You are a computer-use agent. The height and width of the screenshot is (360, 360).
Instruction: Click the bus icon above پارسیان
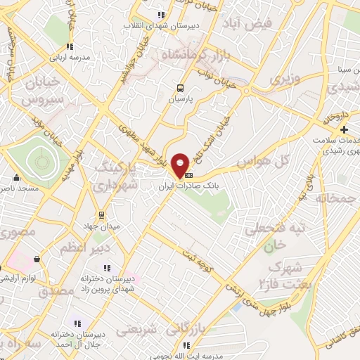(x=180, y=89)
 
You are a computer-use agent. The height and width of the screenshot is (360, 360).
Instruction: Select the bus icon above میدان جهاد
(x=102, y=215)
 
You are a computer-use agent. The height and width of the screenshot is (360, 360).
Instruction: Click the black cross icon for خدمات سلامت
(x=344, y=130)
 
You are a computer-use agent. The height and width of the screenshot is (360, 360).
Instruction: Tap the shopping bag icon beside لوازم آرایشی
(x=37, y=259)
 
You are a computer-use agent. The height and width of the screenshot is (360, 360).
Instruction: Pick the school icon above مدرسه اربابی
(x=69, y=46)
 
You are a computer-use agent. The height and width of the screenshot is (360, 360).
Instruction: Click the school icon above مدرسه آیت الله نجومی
(x=186, y=345)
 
